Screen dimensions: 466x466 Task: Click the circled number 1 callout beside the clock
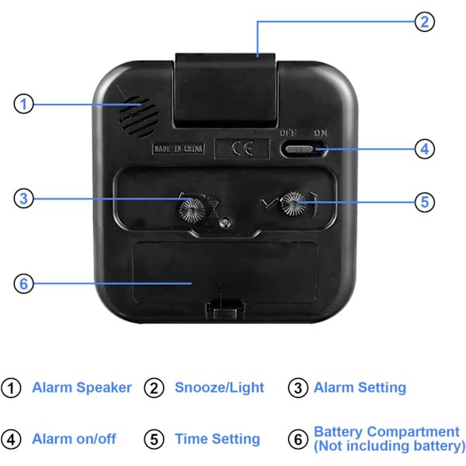point(24,104)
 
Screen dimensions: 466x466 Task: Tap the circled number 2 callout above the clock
point(425,22)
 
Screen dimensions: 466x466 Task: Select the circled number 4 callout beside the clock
point(425,149)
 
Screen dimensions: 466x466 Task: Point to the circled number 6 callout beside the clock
point(24,283)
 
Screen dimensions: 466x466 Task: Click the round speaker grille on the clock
point(138,116)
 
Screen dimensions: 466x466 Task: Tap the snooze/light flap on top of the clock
point(225,90)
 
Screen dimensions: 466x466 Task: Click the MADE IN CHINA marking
point(179,148)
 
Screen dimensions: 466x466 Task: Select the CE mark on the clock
point(242,148)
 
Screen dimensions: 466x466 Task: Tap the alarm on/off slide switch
point(304,149)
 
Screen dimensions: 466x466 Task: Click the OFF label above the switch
point(287,133)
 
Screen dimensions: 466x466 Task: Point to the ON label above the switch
point(320,133)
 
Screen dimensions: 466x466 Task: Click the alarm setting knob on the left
point(192,210)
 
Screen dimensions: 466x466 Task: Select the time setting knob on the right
point(294,203)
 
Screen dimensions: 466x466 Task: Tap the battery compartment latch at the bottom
point(225,309)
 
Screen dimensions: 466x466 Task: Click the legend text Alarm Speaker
point(82,388)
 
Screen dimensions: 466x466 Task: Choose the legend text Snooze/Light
point(219,388)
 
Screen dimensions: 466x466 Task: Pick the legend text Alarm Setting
point(360,388)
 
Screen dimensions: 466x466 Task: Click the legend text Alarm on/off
point(74,439)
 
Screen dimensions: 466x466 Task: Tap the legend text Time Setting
point(217,439)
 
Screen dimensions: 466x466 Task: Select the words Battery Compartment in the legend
point(387,432)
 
